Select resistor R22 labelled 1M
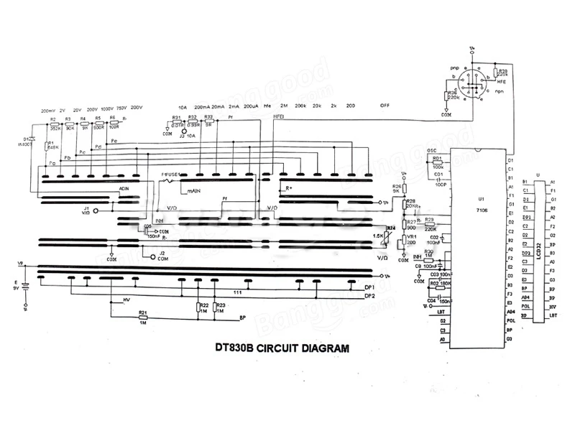(x=198, y=308)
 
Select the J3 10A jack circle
(x=184, y=131)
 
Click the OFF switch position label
(x=385, y=106)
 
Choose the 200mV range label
(x=48, y=110)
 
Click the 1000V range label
(x=107, y=110)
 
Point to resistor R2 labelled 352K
(x=54, y=123)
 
